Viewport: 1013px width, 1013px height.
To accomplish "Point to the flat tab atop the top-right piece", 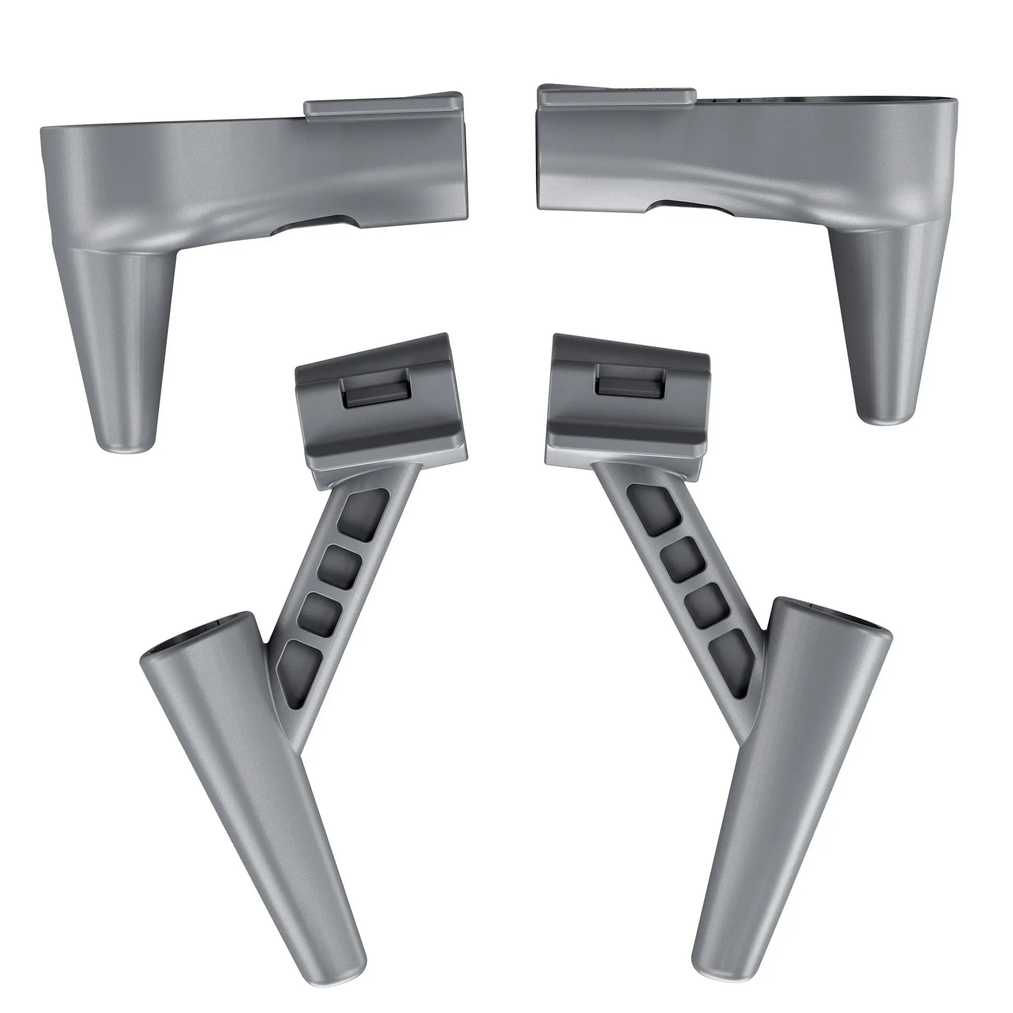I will (x=618, y=98).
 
